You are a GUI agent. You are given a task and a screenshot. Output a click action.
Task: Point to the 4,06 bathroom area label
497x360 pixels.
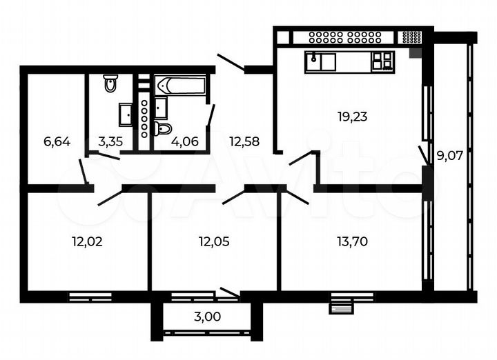coord(184,143)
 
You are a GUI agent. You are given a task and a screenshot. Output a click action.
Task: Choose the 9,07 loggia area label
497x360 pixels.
coord(449,155)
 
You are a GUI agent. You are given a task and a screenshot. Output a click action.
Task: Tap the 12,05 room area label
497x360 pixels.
coord(213,241)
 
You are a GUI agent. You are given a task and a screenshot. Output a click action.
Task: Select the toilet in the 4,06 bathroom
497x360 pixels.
coord(164,129)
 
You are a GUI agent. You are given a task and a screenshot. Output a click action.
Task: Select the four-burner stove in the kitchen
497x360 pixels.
coord(383,61)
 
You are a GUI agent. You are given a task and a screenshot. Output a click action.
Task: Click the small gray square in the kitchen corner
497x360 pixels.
coord(414,52)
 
